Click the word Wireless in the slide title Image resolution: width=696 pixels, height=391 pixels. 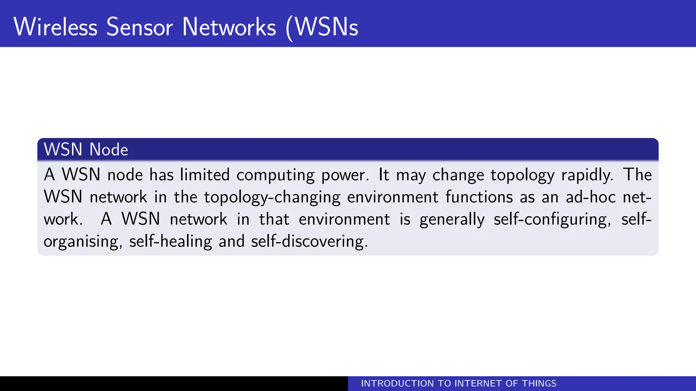pos(55,27)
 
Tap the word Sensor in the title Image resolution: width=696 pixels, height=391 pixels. pos(139,27)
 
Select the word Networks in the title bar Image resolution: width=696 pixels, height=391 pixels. pos(229,27)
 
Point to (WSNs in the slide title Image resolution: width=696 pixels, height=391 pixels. pos(322,27)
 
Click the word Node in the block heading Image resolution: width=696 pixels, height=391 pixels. pos(109,150)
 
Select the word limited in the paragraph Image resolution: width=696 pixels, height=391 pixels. pos(205,175)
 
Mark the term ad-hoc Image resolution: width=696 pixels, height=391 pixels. pos(591,197)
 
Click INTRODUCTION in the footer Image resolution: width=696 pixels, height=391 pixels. pos(397,384)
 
